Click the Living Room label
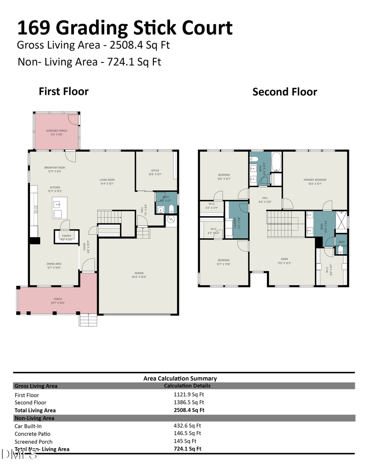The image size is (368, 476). (107, 181)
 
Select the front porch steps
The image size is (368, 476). (87, 320)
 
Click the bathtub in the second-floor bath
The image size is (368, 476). (276, 162)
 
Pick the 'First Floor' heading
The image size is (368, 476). (63, 91)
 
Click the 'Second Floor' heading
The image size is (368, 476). (285, 92)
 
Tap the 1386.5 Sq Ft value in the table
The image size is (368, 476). (189, 402)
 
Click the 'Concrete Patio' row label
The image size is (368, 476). (32, 434)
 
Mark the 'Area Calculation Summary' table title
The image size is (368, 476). (180, 378)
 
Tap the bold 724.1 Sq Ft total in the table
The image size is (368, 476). (188, 449)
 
